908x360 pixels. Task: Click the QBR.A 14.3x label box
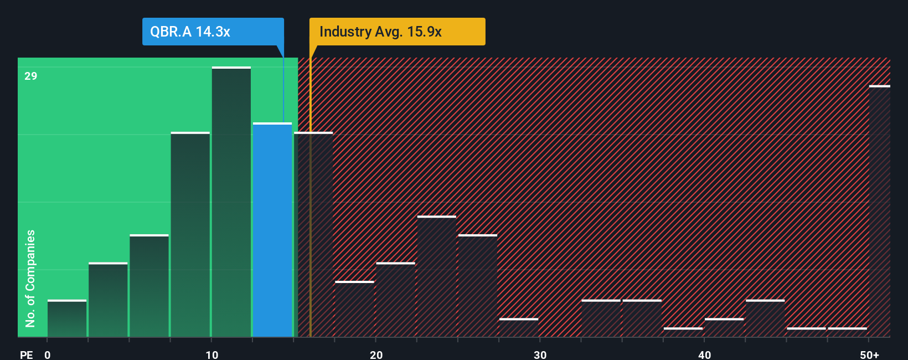213,32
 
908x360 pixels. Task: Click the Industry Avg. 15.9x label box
396,32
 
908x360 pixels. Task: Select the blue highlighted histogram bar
272,230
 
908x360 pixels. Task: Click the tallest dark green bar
231,202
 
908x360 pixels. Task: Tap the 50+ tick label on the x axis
869,354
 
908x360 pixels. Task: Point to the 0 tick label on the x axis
48,354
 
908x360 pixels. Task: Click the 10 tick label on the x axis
212,354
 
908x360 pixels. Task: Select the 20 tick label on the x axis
376,354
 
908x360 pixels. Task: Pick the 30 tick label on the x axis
540,354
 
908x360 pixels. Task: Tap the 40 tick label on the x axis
704,354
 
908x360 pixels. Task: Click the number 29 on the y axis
31,76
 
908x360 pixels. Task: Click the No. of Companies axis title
30,278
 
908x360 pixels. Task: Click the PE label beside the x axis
26,354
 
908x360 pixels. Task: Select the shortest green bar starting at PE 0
67,318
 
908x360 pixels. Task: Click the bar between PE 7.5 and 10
190,235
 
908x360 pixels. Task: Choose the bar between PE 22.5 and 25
437,276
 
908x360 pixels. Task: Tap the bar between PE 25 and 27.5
478,286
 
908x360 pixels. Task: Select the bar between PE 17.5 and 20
354,309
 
